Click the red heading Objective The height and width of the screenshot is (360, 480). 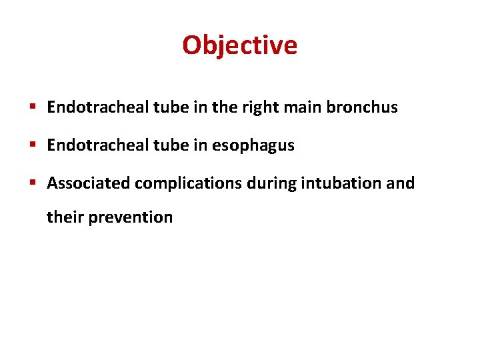(239, 45)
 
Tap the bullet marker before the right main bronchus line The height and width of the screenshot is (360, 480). (33, 107)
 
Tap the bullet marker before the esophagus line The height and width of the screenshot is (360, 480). (33, 145)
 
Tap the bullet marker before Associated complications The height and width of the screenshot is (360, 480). (33, 183)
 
